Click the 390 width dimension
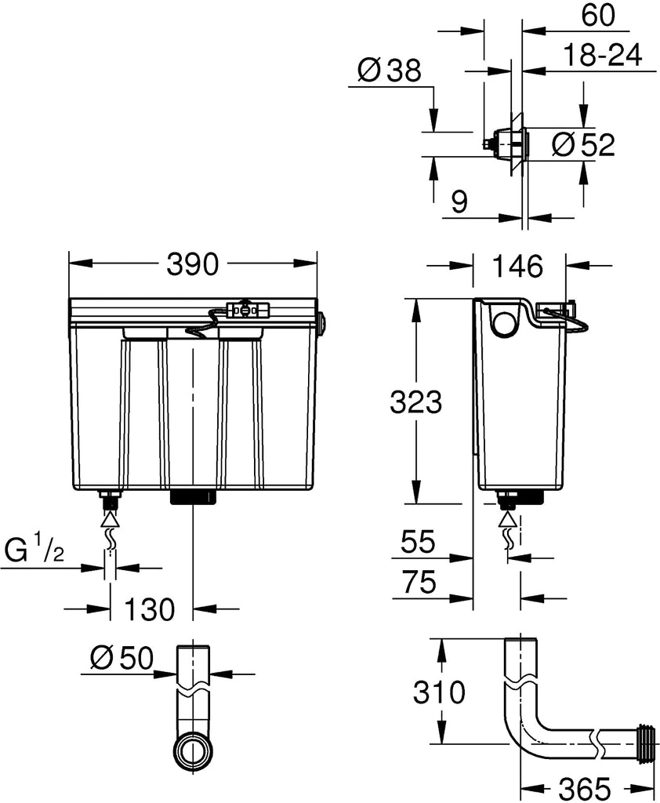click(x=193, y=265)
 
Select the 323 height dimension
click(x=415, y=402)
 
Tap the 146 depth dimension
click(x=517, y=267)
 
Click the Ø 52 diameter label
click(x=583, y=144)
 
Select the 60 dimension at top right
click(x=597, y=15)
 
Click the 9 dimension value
click(x=460, y=202)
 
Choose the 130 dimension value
click(x=150, y=609)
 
